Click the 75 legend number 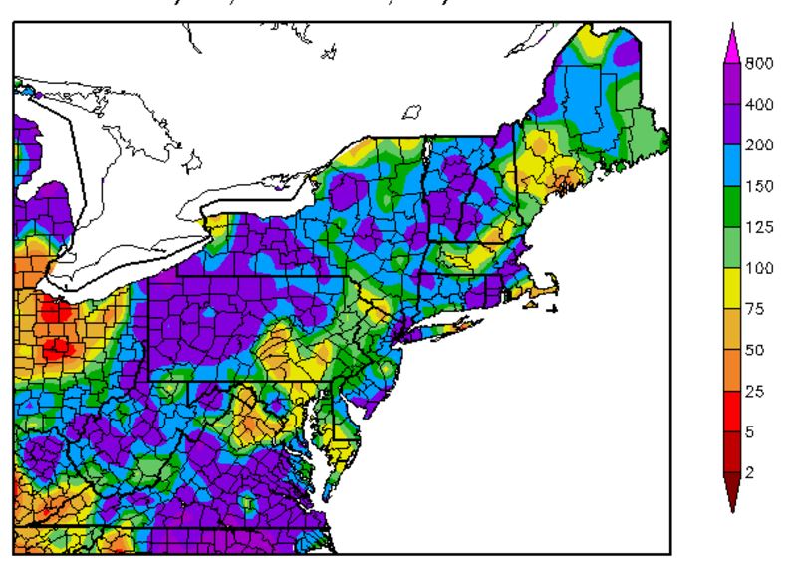(753, 309)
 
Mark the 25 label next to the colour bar (753, 392)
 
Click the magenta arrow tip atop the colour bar (733, 35)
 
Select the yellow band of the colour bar (733, 288)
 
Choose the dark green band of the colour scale (733, 205)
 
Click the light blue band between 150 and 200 (733, 163)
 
